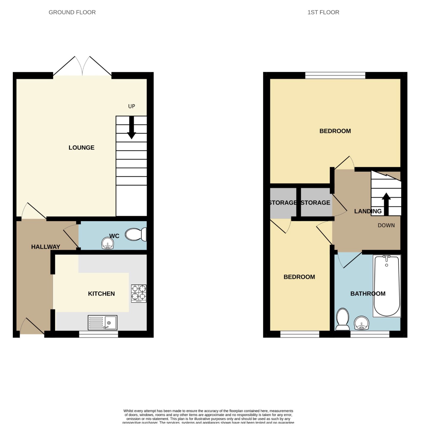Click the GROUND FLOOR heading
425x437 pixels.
click(72, 12)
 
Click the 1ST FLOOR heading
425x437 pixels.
click(323, 12)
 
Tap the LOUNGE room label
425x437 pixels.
click(81, 147)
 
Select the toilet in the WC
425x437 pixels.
click(136, 234)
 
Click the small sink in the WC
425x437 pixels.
click(107, 243)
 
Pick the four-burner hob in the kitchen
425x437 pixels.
click(139, 293)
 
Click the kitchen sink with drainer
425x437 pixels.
click(102, 323)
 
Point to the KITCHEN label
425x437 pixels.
click(101, 294)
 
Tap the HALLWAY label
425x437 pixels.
click(46, 247)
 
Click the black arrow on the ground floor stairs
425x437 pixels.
click(132, 128)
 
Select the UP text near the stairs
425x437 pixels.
click(132, 106)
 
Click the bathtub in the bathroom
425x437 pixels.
click(387, 286)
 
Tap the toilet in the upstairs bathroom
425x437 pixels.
click(342, 319)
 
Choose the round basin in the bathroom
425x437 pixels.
click(361, 323)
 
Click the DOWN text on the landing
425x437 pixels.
click(386, 225)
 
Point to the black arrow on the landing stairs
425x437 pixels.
click(386, 204)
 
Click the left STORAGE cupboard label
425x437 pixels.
click(283, 203)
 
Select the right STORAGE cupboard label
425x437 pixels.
click(315, 203)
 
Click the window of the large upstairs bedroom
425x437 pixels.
click(335, 75)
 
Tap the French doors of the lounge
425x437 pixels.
click(82, 67)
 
